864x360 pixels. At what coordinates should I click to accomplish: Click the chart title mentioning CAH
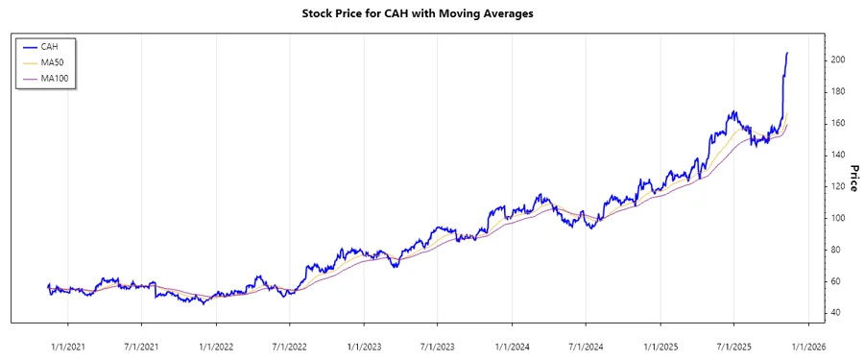431,14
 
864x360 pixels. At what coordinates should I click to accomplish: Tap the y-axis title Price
852,178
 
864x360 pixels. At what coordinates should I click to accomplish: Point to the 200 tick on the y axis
838,60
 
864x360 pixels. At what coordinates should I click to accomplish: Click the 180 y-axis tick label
838,91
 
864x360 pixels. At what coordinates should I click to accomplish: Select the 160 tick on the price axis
838,123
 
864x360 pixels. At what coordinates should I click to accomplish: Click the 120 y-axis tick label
838,186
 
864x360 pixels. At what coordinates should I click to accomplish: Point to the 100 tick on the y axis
838,218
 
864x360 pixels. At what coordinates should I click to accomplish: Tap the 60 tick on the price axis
838,281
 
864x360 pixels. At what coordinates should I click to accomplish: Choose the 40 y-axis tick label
838,313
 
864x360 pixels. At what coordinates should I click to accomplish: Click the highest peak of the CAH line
787,53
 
